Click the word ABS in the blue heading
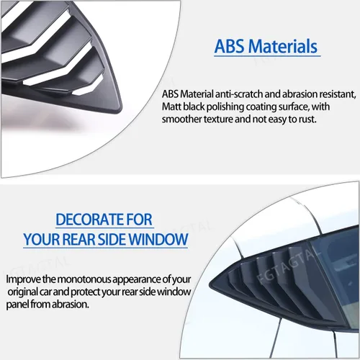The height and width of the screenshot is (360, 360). click(230, 46)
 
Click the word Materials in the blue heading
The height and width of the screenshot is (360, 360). click(283, 46)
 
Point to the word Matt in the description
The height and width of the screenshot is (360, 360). click(171, 107)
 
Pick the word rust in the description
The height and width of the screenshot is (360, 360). click(307, 120)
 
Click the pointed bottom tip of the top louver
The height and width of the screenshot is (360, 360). click(119, 110)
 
